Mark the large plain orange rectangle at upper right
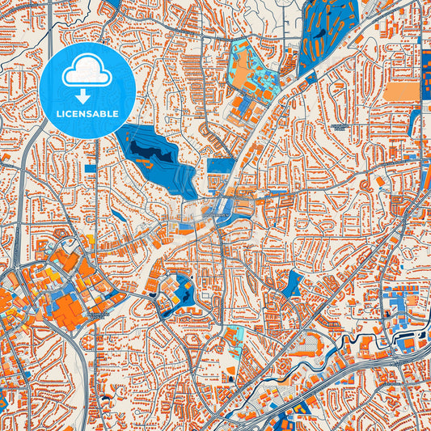coord(401,91)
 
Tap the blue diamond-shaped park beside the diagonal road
coord(294,282)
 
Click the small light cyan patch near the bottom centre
coord(236,333)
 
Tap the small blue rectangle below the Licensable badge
coord(89,167)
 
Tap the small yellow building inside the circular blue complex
coord(172,285)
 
